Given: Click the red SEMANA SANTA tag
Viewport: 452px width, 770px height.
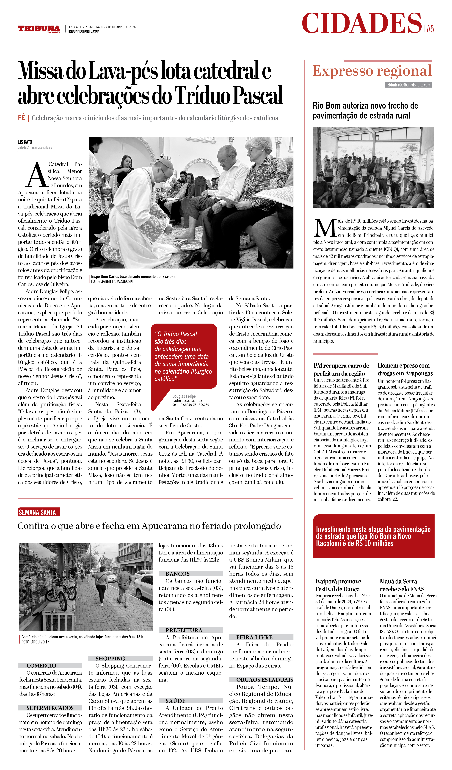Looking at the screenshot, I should click(39, 512).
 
